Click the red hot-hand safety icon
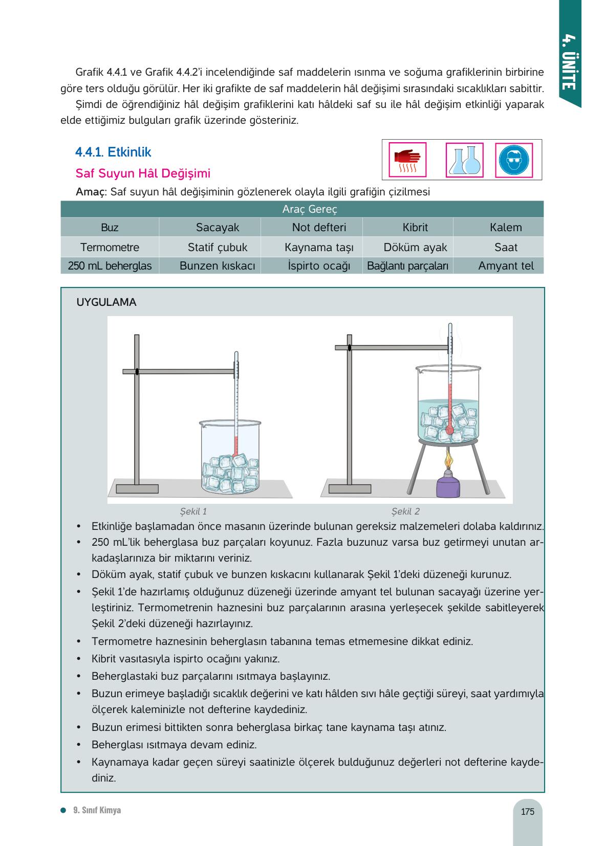coord(407,160)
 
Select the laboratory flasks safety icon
coord(465,160)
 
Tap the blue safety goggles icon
coord(514,160)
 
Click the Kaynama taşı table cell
coord(319,247)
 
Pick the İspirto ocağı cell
coord(319,266)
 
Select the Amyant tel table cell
coord(506,266)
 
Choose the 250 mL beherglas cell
coord(110,266)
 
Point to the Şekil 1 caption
coord(193,511)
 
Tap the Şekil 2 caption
coord(405,511)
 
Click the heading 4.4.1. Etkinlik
coord(113,152)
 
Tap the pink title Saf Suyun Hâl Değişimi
coord(143,173)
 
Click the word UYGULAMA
coord(106,302)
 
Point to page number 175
coord(527,811)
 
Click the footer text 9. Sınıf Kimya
coord(97,810)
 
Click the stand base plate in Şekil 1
coord(137,488)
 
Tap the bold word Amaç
coord(90,192)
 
